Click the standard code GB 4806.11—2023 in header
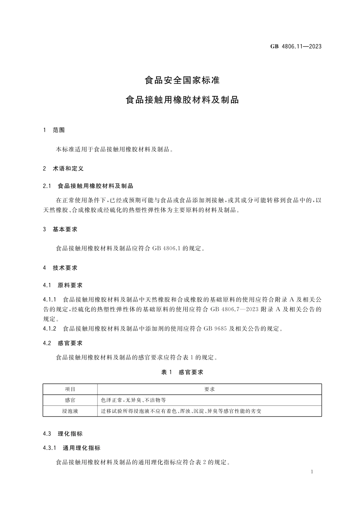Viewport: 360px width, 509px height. click(296, 46)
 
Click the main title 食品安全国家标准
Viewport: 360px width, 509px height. click(182, 80)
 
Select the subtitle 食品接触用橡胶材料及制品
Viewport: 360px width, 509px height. click(182, 100)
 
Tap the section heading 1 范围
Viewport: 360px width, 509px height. click(54, 130)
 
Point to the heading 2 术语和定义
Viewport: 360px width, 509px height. click(63, 168)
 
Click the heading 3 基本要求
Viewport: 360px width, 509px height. click(60, 229)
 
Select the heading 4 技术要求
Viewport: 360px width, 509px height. click(60, 268)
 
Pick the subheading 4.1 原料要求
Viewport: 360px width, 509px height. click(63, 285)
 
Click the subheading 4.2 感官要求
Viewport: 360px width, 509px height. click(63, 343)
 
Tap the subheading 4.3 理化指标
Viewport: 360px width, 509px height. click(63, 434)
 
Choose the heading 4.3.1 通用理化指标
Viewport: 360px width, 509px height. click(72, 448)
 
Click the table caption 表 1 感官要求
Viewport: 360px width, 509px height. click(182, 372)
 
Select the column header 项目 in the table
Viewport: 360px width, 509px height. click(70, 389)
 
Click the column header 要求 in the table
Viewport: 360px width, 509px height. click(210, 389)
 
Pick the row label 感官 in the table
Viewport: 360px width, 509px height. click(70, 400)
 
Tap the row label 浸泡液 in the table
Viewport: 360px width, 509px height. click(70, 411)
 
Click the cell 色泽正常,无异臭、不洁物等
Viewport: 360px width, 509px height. click(133, 400)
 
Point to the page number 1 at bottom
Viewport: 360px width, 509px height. click(311, 472)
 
